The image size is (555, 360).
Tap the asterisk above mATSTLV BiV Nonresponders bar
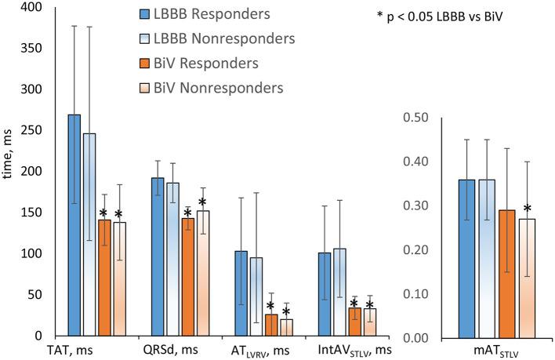point(528,209)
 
